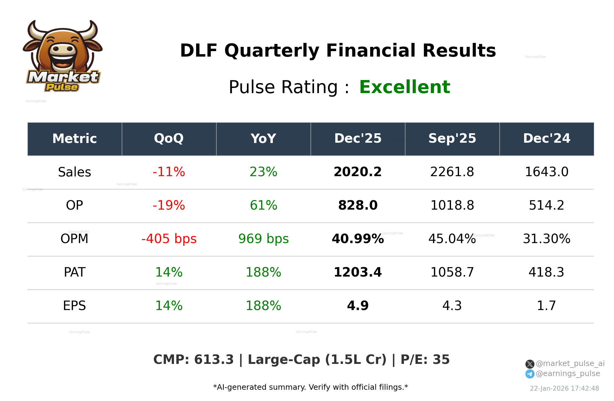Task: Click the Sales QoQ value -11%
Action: click(x=169, y=172)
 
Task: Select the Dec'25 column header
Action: click(x=358, y=139)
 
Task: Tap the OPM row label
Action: click(x=74, y=239)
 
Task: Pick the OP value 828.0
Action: click(x=358, y=205)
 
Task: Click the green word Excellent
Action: click(x=404, y=87)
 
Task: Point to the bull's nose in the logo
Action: click(x=63, y=49)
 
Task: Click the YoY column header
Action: click(x=263, y=139)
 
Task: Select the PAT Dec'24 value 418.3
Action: click(x=546, y=272)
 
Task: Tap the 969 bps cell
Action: click(x=263, y=239)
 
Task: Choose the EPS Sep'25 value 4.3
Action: click(x=452, y=306)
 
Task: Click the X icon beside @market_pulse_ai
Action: click(x=530, y=364)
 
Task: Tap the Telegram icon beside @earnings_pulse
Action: click(x=530, y=374)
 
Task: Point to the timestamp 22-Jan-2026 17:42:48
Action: click(x=564, y=389)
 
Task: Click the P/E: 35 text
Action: click(x=425, y=360)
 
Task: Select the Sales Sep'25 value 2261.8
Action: click(x=452, y=172)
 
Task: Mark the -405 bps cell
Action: click(x=169, y=239)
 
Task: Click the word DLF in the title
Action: click(x=199, y=51)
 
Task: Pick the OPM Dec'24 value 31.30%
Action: click(x=546, y=239)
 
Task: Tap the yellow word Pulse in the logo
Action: click(x=62, y=87)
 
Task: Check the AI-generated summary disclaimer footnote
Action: click(x=310, y=387)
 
